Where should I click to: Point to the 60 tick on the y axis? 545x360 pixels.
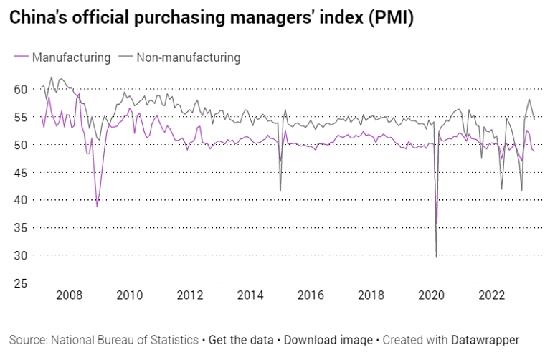click(21, 89)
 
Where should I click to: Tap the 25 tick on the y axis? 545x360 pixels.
click(21, 283)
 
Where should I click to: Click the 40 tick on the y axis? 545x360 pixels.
click(21, 200)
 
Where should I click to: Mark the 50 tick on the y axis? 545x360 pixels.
click(21, 145)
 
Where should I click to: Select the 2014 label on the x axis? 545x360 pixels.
click(250, 295)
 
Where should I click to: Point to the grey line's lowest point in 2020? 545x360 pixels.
click(436, 256)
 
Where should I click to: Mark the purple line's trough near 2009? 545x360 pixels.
click(97, 206)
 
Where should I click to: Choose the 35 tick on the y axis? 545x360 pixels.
click(21, 228)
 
